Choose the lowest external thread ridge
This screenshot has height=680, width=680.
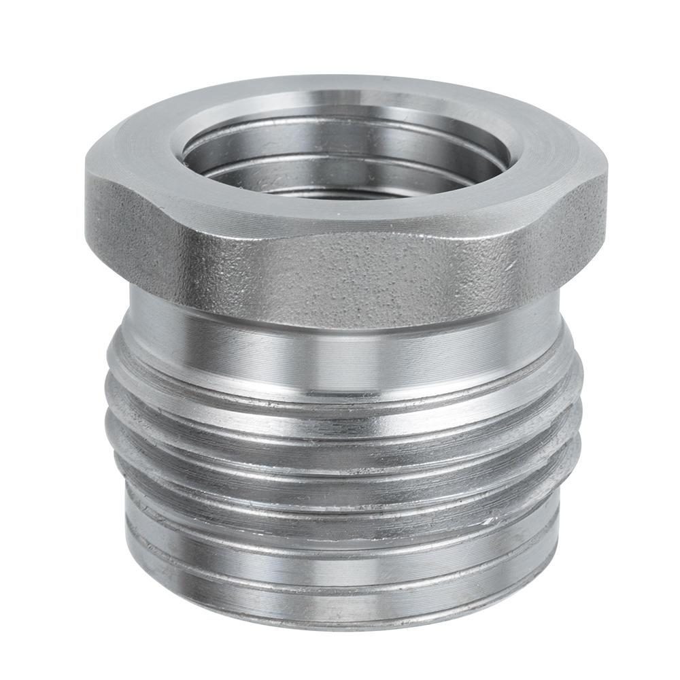tap(340, 503)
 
